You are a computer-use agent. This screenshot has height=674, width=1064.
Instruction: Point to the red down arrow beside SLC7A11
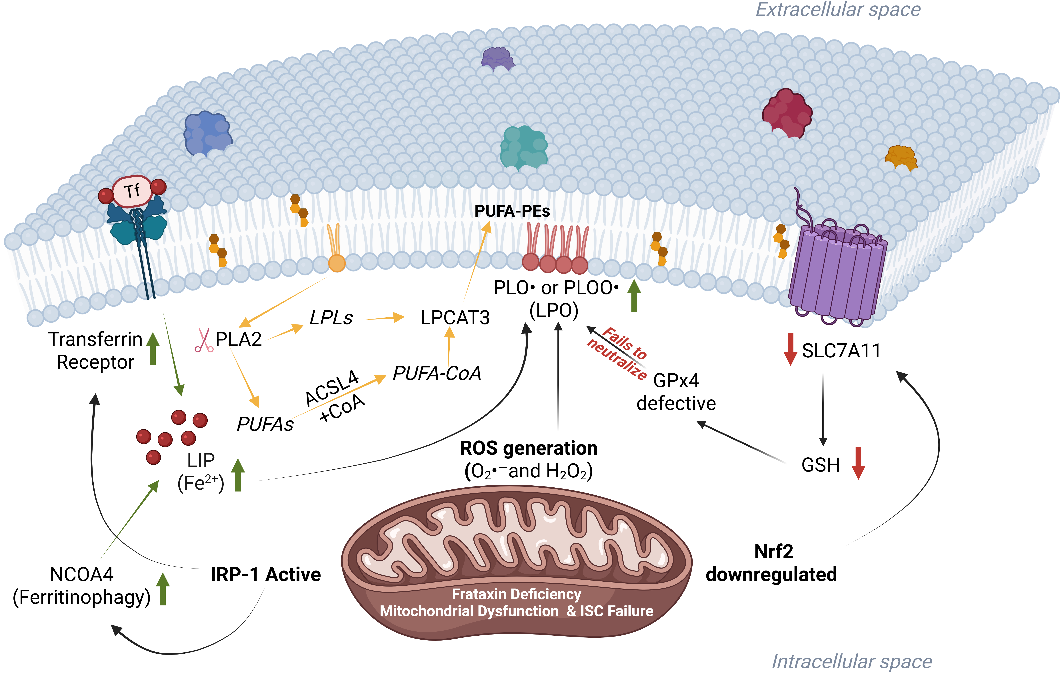(x=790, y=349)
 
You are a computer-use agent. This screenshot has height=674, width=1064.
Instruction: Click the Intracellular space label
(x=851, y=662)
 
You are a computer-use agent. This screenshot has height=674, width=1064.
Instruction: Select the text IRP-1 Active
(x=266, y=575)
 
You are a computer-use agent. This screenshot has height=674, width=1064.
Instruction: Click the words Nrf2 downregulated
(x=771, y=563)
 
